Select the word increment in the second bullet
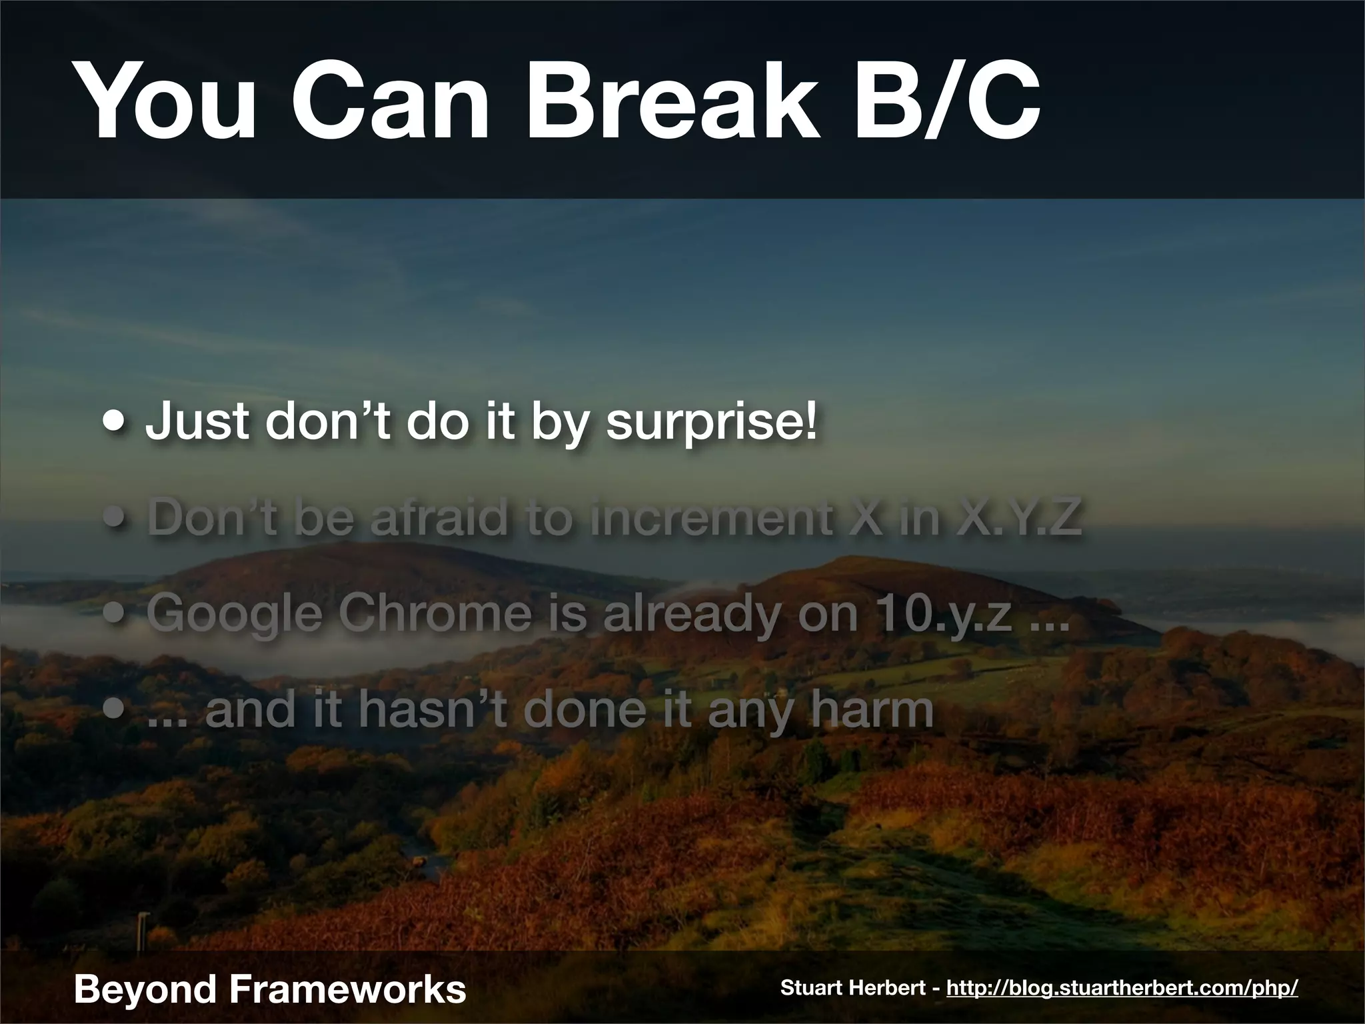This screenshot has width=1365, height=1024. pos(708,519)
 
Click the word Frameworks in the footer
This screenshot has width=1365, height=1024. pos(345,989)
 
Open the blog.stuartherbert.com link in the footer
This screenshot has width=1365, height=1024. pos(1122,988)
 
